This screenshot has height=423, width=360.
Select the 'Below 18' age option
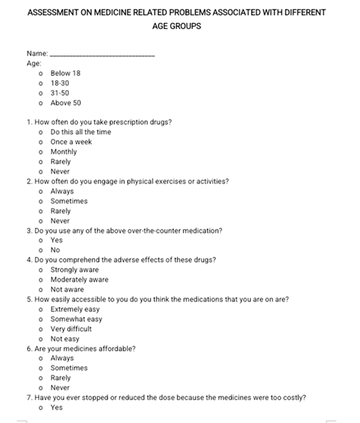point(65,73)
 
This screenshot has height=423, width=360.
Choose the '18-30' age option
point(60,83)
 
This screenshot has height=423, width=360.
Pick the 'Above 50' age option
point(66,103)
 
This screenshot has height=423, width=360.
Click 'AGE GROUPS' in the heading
point(177,26)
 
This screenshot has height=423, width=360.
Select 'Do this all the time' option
point(80,132)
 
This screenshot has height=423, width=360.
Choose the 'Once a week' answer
point(71,142)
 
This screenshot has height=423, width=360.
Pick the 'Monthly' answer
point(64,152)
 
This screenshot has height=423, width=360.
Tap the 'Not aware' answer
point(67,290)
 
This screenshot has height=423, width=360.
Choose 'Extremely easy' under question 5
point(75,309)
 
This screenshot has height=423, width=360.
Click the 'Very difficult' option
point(71,329)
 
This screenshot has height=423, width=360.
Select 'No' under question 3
point(55,250)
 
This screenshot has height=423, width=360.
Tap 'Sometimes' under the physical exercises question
point(69,201)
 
